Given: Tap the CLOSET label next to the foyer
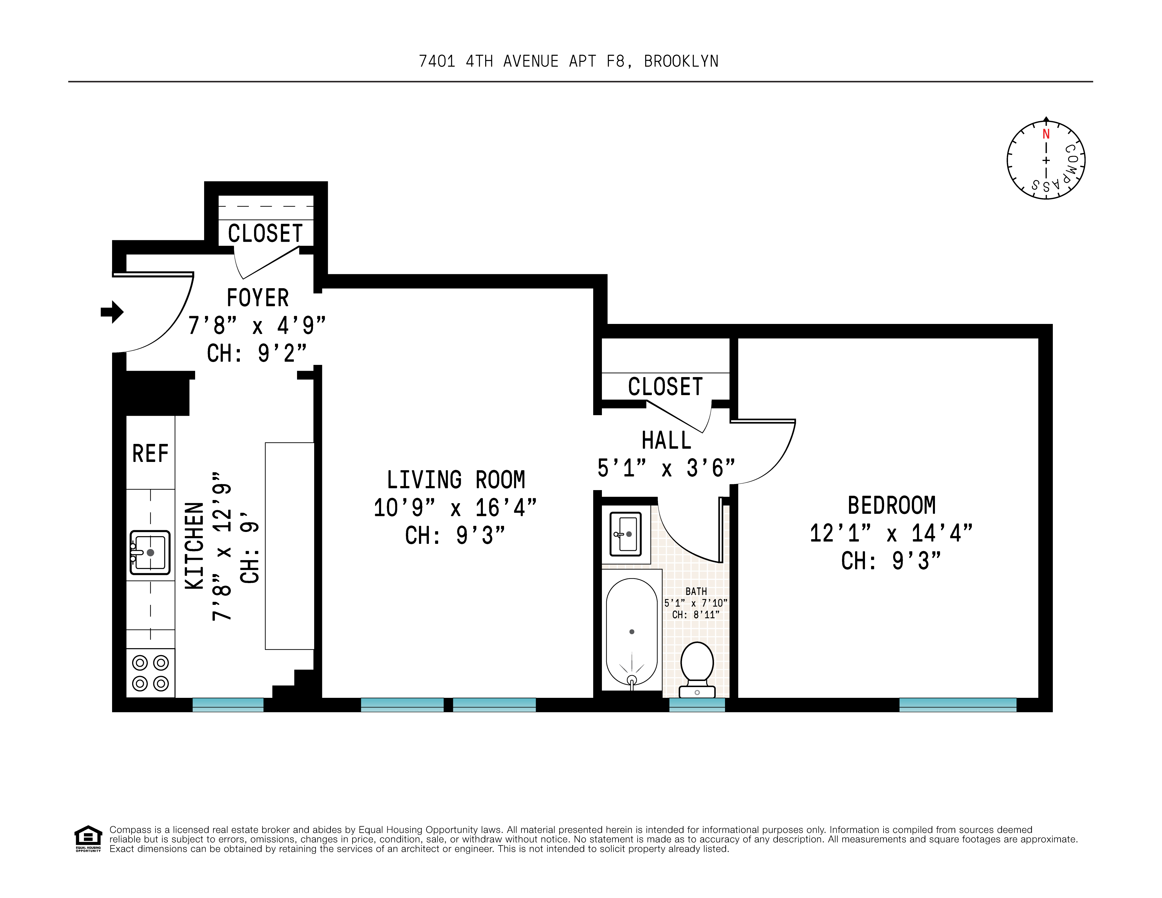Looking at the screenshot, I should click(265, 233).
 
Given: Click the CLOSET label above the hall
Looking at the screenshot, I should click(665, 386).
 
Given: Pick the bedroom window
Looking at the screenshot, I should click(957, 705).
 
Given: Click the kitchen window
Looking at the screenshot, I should click(228, 705).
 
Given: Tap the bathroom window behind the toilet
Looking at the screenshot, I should click(697, 705).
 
